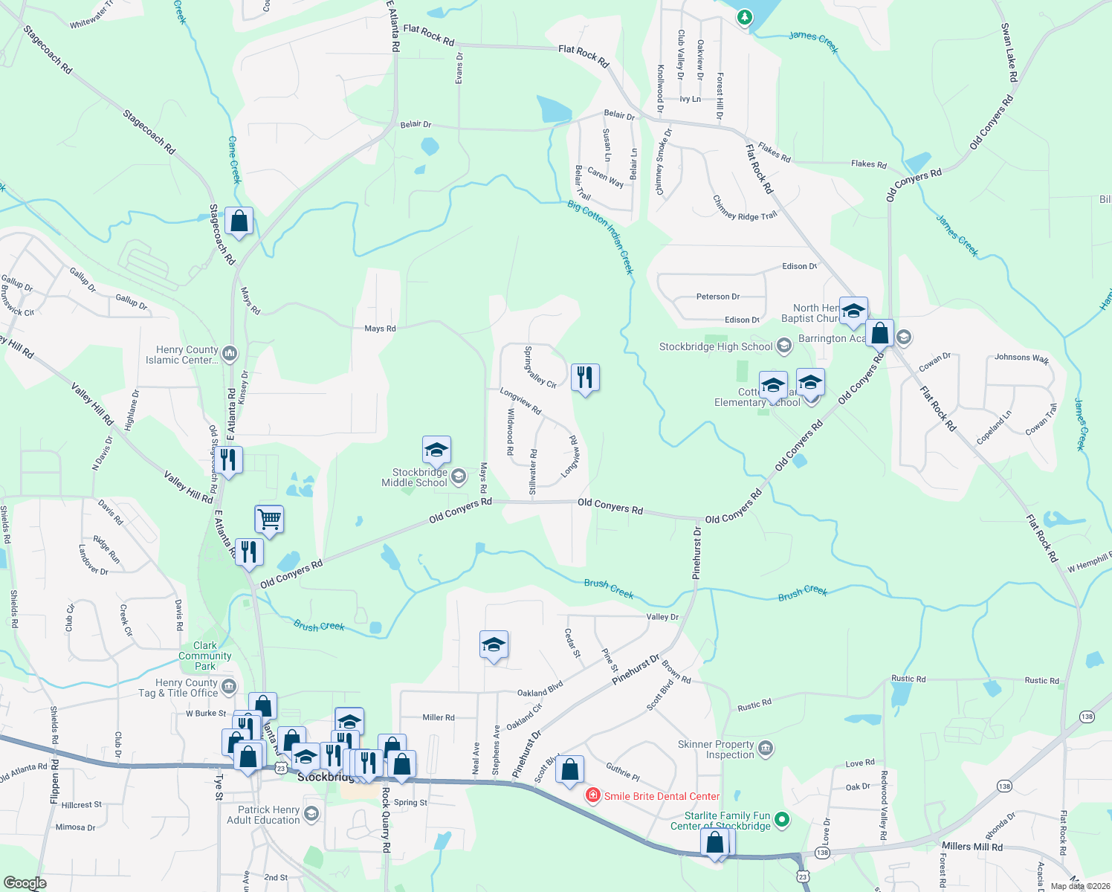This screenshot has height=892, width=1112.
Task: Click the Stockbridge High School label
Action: [716, 346]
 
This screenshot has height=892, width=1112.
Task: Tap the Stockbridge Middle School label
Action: [420, 477]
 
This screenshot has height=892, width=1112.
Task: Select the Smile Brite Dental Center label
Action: [662, 796]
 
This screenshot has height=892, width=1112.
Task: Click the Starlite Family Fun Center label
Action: [727, 821]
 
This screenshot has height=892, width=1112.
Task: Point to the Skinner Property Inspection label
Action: [716, 749]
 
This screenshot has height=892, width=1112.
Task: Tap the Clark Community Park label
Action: [205, 656]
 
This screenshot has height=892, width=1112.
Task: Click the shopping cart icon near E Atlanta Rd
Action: [269, 519]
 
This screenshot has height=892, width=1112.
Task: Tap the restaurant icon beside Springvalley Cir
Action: [585, 378]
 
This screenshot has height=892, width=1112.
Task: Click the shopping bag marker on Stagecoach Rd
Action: [239, 221]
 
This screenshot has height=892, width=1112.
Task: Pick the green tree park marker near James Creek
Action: [744, 16]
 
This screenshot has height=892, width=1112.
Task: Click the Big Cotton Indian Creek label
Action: [601, 236]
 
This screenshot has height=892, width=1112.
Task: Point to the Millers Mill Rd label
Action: [972, 846]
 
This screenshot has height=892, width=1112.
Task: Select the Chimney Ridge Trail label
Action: [744, 207]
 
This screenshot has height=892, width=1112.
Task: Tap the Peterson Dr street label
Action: [717, 297]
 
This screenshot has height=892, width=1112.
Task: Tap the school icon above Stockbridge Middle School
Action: [436, 450]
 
